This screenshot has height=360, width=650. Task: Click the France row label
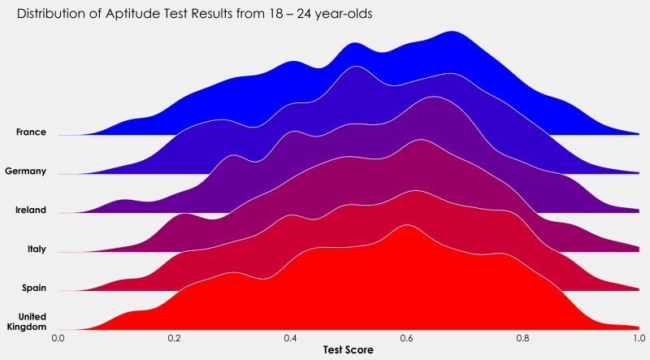pos(31,132)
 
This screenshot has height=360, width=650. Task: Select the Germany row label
pos(25,171)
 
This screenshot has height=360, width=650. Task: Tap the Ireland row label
pos(30,210)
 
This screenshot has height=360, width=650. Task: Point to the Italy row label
pos(37,249)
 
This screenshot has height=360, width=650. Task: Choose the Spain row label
pos(33,288)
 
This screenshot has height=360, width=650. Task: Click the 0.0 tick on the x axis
pos(58,335)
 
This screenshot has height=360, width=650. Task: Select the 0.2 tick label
pos(174,335)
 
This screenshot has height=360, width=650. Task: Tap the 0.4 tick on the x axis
pos(290,335)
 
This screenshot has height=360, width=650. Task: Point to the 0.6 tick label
pos(406,335)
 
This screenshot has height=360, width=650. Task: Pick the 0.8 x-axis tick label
pos(522,335)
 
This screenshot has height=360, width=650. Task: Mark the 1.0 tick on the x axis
pos(639,335)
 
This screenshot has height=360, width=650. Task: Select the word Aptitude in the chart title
pos(134,15)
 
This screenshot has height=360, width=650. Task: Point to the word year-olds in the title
pos(344,15)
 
